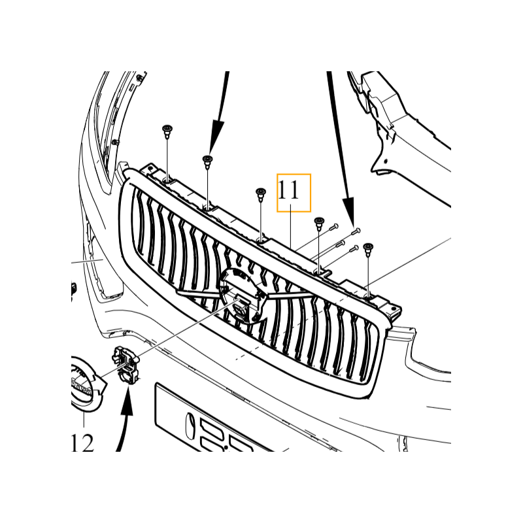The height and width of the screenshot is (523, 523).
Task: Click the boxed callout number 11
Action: [294, 192]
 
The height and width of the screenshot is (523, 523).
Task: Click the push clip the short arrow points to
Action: [208, 161]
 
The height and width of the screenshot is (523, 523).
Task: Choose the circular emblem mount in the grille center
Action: [241, 295]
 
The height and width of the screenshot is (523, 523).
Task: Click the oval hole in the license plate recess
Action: [190, 426]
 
